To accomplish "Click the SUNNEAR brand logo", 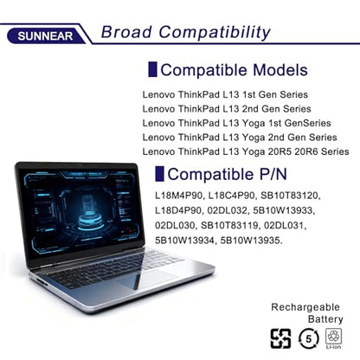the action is point(46,36).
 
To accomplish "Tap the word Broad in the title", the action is point(126,32).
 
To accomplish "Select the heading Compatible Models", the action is point(234,70).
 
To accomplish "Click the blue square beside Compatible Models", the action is point(152,69).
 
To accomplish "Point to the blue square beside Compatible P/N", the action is point(159,174).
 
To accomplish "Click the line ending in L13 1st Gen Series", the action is point(225,94).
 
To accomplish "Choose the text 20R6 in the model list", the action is point(306,151).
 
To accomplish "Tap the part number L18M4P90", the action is point(179,196).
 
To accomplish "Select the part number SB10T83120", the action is point(289,196).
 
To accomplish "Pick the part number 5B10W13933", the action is point(282,210).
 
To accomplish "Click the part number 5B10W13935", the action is point(250,241).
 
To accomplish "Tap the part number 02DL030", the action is point(175,225).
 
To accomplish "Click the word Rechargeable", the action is point(305,307).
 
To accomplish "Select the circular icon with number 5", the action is point(309,338).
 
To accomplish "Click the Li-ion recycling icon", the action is point(334,338).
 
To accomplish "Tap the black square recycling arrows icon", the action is point(280,338).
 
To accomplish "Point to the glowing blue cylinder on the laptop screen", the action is point(90,218).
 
